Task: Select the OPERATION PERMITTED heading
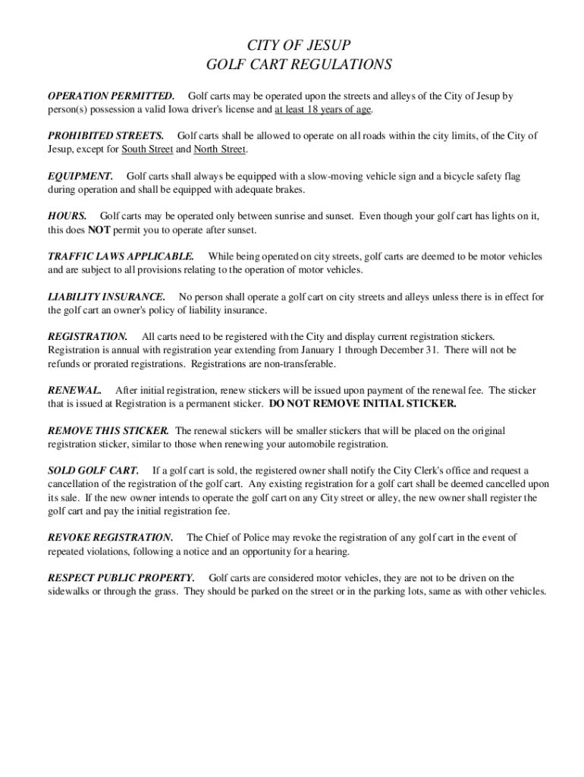[111, 96]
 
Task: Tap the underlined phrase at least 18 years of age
[323, 109]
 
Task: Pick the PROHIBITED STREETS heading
[105, 136]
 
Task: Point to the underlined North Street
[220, 149]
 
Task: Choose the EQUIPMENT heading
[80, 176]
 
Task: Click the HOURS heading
[67, 216]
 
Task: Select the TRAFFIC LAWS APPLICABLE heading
[121, 256]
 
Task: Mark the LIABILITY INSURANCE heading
[106, 297]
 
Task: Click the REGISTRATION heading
[88, 336]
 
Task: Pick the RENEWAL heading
[74, 390]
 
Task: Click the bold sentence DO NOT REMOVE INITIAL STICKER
[363, 404]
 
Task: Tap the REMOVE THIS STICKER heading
[108, 430]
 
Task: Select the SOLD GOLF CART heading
[93, 470]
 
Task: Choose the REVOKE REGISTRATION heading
[110, 537]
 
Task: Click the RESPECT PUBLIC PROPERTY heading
[121, 577]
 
